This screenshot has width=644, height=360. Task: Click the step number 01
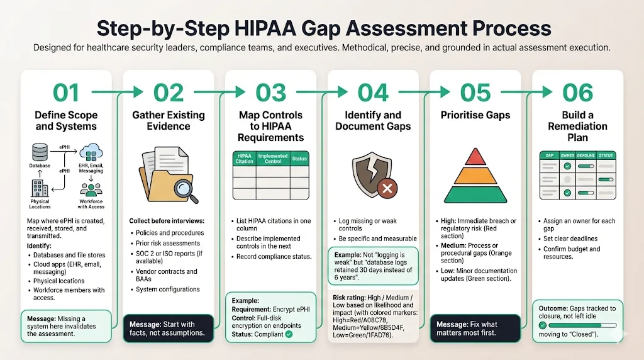tap(66, 93)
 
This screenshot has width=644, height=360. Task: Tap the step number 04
tap(373, 93)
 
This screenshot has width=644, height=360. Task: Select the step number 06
tap(577, 93)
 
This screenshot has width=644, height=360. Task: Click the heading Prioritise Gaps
tap(475, 115)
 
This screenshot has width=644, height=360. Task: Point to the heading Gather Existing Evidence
tap(169, 121)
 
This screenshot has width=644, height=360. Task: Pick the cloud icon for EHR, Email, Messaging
tap(91, 151)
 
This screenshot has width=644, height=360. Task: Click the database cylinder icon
tap(40, 152)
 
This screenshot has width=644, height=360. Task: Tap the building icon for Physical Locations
tap(40, 188)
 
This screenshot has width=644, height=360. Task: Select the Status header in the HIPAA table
tap(299, 159)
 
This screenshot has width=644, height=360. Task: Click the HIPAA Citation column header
tap(244, 159)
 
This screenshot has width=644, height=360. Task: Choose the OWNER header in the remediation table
tap(567, 155)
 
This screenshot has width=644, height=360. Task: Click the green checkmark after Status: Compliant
tap(289, 334)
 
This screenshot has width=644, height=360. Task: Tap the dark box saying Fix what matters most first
tap(475, 329)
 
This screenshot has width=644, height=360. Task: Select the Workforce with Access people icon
tap(91, 189)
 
